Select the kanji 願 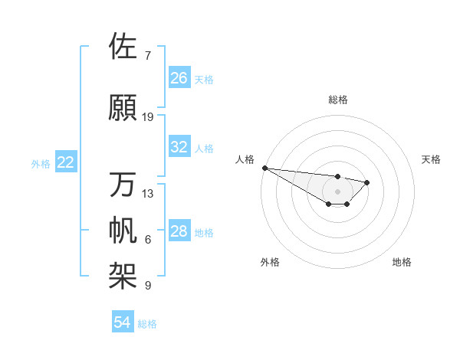[x=124, y=107]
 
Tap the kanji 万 [x=124, y=185]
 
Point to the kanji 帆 [x=124, y=231]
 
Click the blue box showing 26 [x=179, y=78]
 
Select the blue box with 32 [x=179, y=147]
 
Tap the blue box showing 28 [x=179, y=231]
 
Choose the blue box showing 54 [x=122, y=322]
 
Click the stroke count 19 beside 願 [x=148, y=117]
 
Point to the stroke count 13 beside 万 [x=148, y=194]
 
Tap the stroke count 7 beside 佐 [x=148, y=56]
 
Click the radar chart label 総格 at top [x=338, y=100]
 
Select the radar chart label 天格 [x=432, y=159]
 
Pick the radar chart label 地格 [x=402, y=262]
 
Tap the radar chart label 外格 [x=270, y=262]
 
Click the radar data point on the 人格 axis [x=264, y=168]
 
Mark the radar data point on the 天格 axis [x=367, y=182]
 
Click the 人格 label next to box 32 [x=204, y=148]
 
